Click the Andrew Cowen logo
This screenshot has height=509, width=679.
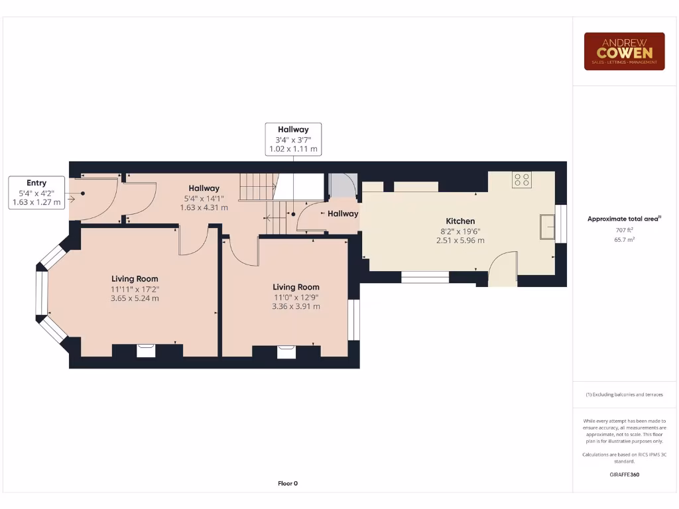point(624,51)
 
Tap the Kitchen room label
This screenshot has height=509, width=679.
point(460,221)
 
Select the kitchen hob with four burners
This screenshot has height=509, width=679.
point(522,179)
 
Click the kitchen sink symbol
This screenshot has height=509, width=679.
point(548,226)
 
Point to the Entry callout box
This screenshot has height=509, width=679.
point(36,192)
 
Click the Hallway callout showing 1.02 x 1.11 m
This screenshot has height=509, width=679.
point(293,139)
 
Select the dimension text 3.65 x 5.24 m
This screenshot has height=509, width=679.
point(135,298)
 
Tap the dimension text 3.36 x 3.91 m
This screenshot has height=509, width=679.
point(296,306)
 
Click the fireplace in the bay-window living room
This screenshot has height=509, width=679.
point(146,351)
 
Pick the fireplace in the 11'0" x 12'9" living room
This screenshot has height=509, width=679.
point(286,352)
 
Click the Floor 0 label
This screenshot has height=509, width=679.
point(288,483)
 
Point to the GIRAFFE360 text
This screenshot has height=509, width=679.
point(624,475)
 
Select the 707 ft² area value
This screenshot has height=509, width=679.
point(624,230)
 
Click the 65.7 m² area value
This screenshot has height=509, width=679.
point(624,239)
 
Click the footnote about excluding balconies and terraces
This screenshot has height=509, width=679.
point(624,394)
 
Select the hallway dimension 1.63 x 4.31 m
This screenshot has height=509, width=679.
point(204,207)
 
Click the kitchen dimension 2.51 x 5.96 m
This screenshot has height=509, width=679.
point(460,240)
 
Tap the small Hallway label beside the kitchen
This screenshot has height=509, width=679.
point(343,213)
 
